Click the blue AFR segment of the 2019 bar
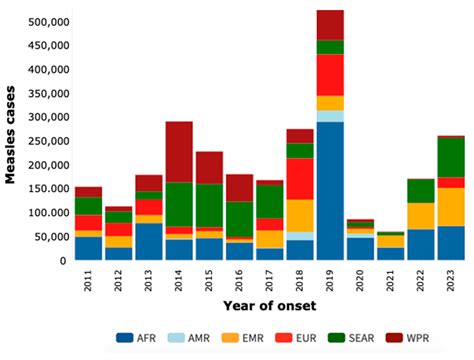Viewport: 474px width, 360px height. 330,191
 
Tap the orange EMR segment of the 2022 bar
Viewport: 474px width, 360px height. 420,216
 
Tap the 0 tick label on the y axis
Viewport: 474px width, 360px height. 63,260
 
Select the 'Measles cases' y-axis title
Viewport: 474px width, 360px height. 12,141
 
